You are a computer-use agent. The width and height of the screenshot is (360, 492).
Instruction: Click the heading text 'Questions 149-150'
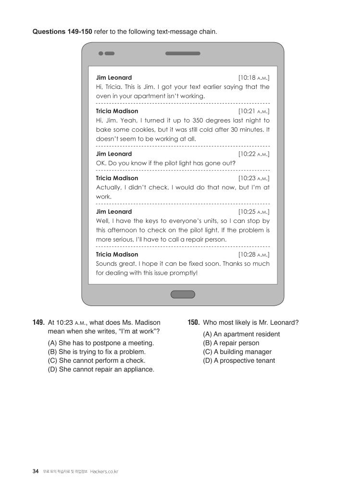click(62, 32)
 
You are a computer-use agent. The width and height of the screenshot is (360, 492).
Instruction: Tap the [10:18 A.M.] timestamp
click(254, 77)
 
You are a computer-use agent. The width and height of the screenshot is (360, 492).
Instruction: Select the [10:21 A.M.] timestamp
click(254, 111)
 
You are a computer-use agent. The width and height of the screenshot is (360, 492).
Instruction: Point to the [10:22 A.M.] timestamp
click(254, 154)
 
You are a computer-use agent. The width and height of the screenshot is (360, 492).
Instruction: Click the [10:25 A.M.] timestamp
click(254, 211)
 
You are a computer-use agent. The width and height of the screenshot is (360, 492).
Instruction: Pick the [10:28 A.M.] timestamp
click(254, 254)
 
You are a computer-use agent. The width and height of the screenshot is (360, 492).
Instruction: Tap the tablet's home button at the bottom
click(183, 294)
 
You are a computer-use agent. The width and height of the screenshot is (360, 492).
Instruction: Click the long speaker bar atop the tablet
click(183, 53)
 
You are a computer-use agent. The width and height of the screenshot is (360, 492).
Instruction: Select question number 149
click(39, 323)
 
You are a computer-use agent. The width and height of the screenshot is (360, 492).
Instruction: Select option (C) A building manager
click(237, 352)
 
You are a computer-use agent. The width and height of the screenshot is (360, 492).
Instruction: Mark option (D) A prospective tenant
click(239, 360)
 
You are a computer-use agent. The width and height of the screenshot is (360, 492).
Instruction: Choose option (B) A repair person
click(231, 343)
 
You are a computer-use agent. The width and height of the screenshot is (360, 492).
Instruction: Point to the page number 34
click(36, 471)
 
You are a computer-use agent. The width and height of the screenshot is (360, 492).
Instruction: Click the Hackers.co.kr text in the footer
click(104, 471)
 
